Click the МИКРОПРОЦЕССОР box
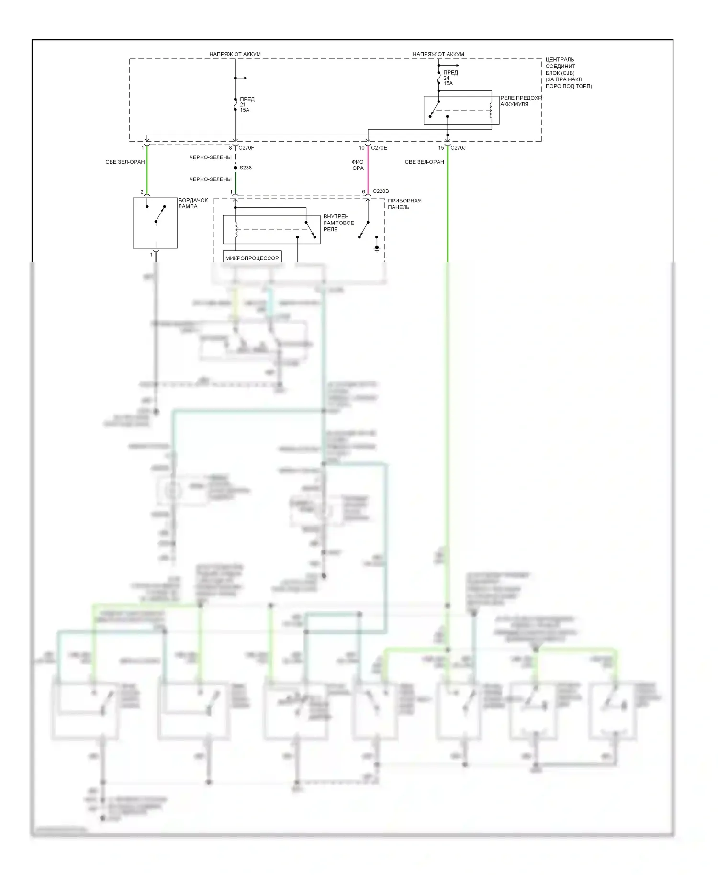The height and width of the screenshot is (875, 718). (x=252, y=258)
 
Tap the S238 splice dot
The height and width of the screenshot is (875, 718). (x=236, y=168)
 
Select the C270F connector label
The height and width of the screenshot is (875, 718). (x=246, y=148)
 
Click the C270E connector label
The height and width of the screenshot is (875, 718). (x=379, y=148)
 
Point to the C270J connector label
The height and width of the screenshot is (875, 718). (x=458, y=148)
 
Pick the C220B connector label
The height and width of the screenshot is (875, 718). (x=381, y=191)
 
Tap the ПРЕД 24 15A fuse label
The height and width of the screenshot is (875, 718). (x=450, y=78)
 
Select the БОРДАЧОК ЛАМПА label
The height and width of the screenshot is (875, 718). (x=193, y=203)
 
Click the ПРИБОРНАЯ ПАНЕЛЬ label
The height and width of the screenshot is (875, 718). (x=404, y=204)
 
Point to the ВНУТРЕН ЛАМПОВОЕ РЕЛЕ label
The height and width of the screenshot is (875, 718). (x=338, y=223)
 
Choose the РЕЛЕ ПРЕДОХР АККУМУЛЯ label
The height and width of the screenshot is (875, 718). (x=521, y=101)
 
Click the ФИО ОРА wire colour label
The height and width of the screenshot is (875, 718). (x=358, y=165)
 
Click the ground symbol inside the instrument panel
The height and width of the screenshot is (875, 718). (x=377, y=248)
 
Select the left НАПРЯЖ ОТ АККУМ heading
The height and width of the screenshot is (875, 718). (x=235, y=54)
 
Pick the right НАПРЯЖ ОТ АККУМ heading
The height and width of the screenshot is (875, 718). (x=438, y=54)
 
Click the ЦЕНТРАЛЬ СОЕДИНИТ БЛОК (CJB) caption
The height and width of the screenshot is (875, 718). (x=568, y=73)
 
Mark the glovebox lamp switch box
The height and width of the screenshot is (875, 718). (x=155, y=223)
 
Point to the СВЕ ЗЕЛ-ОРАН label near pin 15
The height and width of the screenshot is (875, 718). (x=424, y=162)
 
